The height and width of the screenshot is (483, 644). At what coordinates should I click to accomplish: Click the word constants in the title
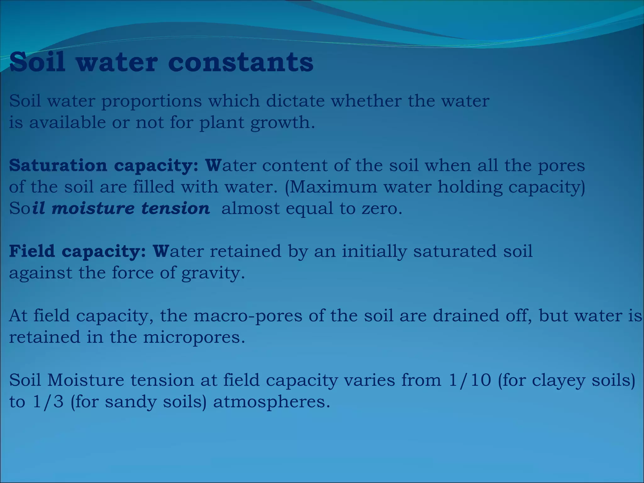[x=241, y=62]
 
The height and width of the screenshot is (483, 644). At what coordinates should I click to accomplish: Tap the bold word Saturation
[x=58, y=165]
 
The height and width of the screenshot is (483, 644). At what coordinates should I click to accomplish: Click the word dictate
[x=295, y=101]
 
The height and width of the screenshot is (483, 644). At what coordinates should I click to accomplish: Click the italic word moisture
[x=93, y=208]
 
